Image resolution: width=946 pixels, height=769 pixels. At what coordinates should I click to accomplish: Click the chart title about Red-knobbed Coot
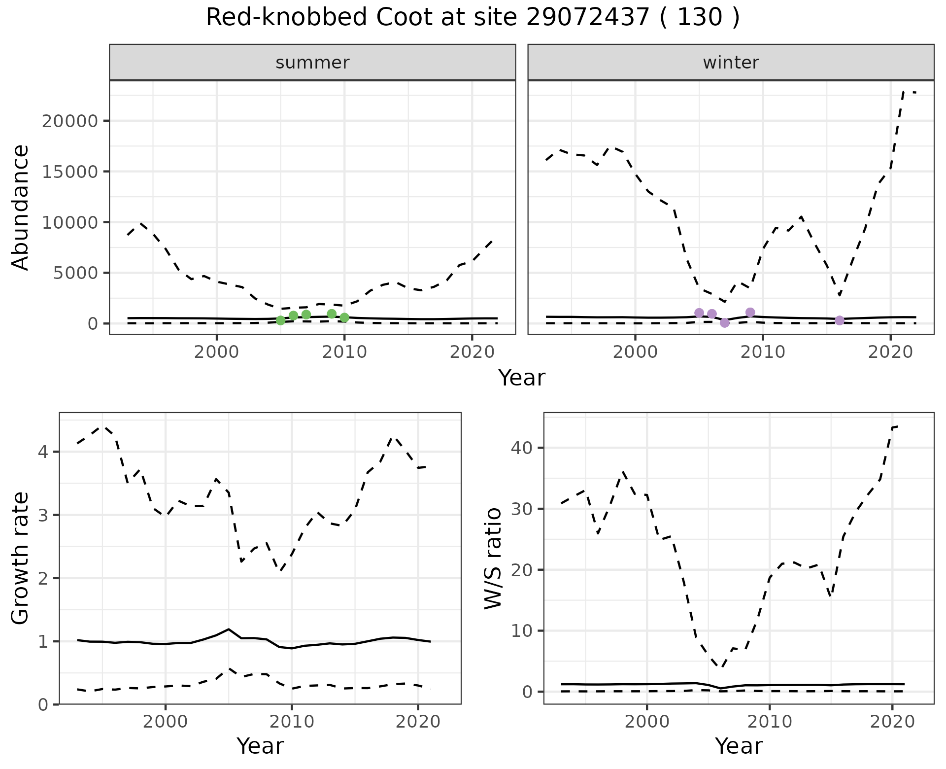pyautogui.click(x=473, y=18)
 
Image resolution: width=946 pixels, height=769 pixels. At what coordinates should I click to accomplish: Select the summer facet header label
pyautogui.click(x=312, y=63)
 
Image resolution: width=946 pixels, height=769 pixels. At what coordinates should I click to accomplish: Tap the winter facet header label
pyautogui.click(x=731, y=63)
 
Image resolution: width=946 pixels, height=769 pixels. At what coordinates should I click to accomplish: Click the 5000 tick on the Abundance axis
pyautogui.click(x=76, y=273)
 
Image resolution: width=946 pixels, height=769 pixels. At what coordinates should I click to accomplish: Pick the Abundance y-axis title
pyautogui.click(x=21, y=207)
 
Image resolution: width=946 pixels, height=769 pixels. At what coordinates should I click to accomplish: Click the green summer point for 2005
pyautogui.click(x=281, y=320)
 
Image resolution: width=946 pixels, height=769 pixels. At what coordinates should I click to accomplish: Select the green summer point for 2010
pyautogui.click(x=344, y=318)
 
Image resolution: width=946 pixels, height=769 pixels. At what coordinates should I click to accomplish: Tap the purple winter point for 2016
pyautogui.click(x=840, y=320)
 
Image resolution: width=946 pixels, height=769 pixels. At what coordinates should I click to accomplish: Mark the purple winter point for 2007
pyautogui.click(x=725, y=323)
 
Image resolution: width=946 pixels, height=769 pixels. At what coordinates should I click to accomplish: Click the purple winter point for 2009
pyautogui.click(x=750, y=312)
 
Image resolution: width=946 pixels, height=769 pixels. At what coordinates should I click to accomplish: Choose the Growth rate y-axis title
pyautogui.click(x=21, y=558)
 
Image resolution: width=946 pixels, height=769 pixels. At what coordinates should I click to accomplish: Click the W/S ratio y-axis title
pyautogui.click(x=493, y=558)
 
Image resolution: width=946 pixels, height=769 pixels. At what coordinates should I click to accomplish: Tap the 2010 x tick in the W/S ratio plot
pyautogui.click(x=769, y=722)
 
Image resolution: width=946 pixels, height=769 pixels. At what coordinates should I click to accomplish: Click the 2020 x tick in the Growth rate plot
pyautogui.click(x=418, y=722)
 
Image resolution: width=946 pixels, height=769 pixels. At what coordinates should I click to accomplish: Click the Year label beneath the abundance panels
pyautogui.click(x=522, y=378)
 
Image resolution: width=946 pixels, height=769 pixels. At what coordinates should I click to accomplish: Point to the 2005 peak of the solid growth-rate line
pyautogui.click(x=229, y=629)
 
